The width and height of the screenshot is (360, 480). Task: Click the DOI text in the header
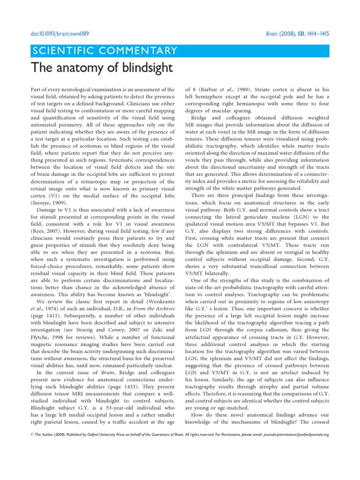(60, 34)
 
